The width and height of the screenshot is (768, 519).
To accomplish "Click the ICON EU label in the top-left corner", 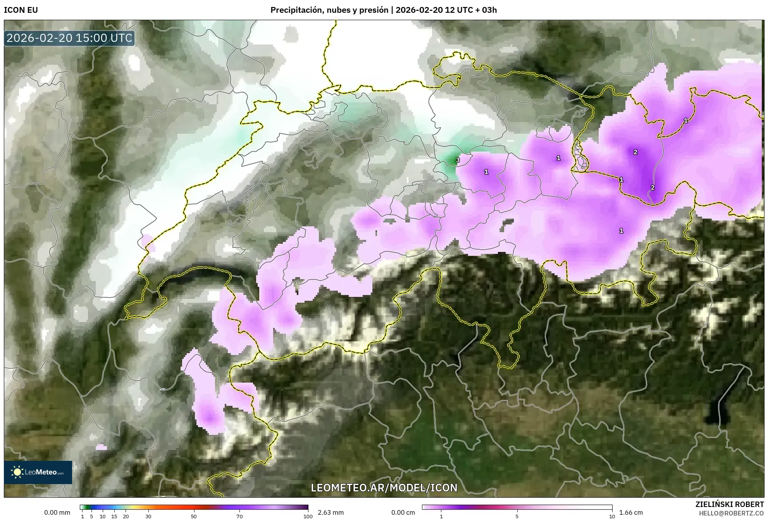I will coord(21,10).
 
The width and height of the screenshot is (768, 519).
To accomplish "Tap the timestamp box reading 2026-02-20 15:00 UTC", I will coord(69,38).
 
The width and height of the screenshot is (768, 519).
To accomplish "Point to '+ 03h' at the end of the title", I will coord(487,10).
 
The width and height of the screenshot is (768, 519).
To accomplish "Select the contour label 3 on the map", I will coord(458,160).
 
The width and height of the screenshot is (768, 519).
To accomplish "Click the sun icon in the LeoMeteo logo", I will coord(17,472).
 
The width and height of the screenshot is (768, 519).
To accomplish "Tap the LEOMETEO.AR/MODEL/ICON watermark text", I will coord(384,488).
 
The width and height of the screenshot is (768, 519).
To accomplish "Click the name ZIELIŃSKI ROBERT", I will coord(729,504).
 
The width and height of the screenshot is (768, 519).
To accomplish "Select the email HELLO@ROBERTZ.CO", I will coord(731,513).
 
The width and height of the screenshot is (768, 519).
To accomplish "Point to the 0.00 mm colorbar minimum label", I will coord(57,512).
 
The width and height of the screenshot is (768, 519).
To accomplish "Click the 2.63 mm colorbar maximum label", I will coord(331,512).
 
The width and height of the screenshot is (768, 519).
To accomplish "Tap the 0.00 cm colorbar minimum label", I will coord(403,512).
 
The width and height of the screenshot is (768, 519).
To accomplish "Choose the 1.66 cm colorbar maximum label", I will coord(631,512).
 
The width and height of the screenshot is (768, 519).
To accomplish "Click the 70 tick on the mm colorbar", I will coord(239,516).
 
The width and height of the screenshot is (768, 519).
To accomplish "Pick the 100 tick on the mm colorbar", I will coord(308,516).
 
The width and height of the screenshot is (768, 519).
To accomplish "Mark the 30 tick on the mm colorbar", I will coord(148,516).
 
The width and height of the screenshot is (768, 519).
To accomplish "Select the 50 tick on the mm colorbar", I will coord(194,516).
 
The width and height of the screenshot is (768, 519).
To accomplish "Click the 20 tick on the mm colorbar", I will coord(126,516).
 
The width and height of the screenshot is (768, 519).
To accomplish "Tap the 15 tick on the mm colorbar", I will coord(114,516).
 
